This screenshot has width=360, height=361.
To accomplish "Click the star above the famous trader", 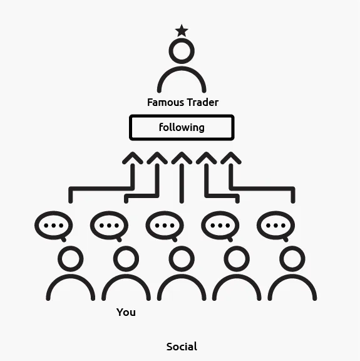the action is tap(182, 31).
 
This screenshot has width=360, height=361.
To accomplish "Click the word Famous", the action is tap(165, 102).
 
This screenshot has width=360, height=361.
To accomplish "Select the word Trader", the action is tap(202, 102).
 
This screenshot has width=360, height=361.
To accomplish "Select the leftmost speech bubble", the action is tap(36, 226).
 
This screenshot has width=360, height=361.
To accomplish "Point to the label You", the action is tap(126, 312).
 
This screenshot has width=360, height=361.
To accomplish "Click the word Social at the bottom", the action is tap(182, 347).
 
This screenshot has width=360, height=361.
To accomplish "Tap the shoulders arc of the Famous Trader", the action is tap(182, 68).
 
